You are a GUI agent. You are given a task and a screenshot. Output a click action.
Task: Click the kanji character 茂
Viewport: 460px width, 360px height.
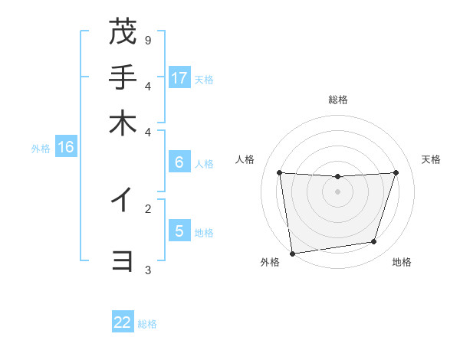pos(123,32)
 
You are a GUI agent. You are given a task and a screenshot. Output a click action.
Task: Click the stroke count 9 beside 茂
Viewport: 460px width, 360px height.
pos(148,40)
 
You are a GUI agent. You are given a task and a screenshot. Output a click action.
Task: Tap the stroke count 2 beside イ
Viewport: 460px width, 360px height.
pos(148,208)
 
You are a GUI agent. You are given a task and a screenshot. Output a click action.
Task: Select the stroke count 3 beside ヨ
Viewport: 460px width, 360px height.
pos(148,270)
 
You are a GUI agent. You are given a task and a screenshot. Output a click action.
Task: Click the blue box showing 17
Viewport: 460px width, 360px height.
pos(179,77)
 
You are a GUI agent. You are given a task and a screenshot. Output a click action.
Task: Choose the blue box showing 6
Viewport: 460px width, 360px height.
pos(179,162)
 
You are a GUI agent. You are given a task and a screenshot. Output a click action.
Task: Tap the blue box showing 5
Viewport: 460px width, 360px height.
pos(179,231)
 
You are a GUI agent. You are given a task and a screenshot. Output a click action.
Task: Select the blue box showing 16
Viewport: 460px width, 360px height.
pos(66,147)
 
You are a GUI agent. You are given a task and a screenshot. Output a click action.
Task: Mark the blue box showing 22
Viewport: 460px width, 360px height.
pos(123,322)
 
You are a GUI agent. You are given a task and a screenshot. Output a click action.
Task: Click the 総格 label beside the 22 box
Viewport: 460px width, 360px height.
pos(147,324)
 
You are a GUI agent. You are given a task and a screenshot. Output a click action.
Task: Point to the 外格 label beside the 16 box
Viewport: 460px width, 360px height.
pos(40,149)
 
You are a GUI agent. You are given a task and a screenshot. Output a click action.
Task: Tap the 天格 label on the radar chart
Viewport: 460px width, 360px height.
pos(431,159)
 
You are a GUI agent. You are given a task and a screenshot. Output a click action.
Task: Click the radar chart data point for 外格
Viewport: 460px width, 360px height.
pos(292,253)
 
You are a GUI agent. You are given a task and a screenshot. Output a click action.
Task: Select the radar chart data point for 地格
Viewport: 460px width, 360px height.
pos(374,242)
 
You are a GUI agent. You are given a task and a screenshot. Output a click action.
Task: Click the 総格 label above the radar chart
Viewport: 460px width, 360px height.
pos(337,100)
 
